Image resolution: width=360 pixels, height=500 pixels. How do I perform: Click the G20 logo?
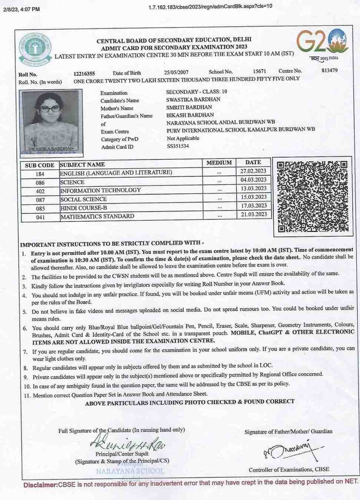point(323,42)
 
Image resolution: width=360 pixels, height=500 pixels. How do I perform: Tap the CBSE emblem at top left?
point(35,49)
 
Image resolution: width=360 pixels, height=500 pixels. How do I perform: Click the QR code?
point(312,196)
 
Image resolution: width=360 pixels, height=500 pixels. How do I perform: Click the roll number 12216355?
point(84,74)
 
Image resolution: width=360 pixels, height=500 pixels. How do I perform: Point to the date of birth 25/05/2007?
point(176,73)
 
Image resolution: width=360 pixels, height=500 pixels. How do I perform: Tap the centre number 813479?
point(329,70)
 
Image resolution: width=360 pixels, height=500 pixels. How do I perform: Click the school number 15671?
point(259,71)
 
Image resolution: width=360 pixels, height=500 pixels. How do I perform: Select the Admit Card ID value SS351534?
point(178,146)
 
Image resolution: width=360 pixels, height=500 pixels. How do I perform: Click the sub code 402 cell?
point(40,191)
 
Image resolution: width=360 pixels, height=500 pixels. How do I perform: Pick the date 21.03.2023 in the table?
point(254,214)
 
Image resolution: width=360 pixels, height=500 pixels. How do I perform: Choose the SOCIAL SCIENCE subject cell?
point(83,199)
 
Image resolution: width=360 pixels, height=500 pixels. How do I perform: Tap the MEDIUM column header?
point(219,163)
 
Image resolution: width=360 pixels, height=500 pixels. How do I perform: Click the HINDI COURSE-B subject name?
point(84,208)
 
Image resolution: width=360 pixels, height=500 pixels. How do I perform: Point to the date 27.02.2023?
point(253,171)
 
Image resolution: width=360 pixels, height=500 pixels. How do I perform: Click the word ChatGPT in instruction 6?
point(270,333)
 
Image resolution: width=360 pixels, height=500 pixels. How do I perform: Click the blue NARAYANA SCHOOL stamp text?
point(130,471)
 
